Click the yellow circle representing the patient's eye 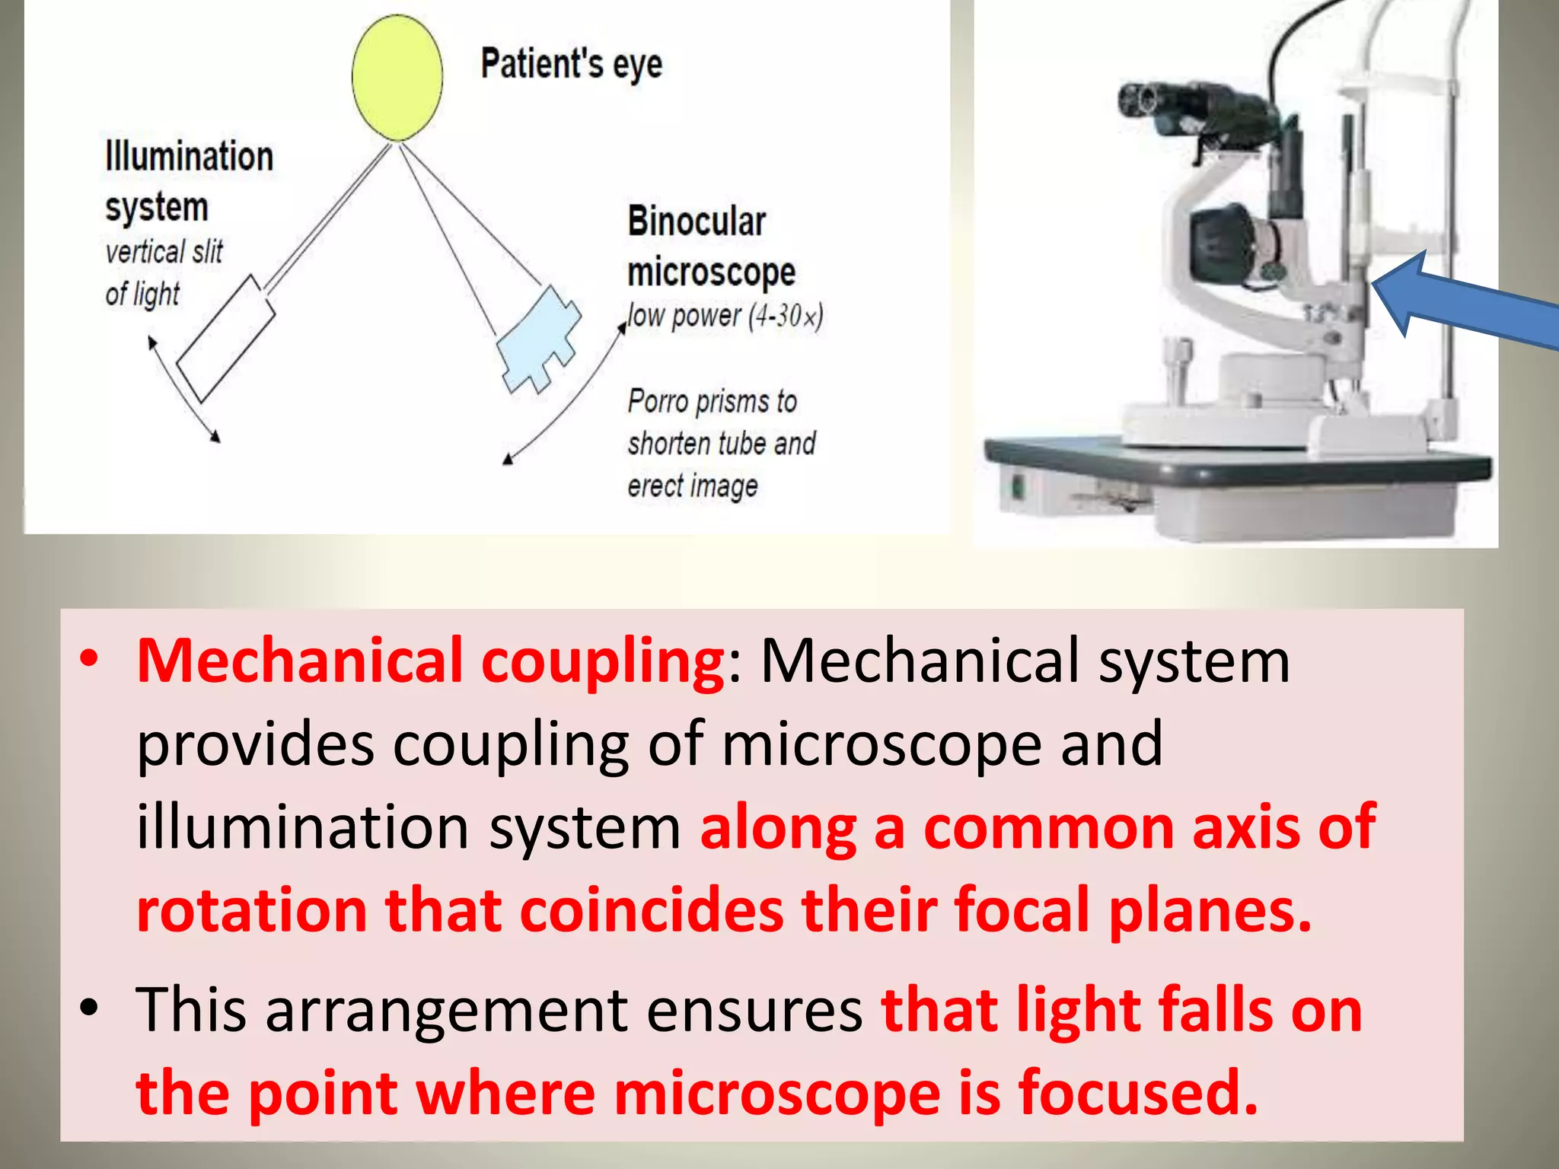(x=397, y=76)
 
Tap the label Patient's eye (x=571, y=64)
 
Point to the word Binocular (x=697, y=222)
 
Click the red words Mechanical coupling (x=430, y=661)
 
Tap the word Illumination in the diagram (x=189, y=157)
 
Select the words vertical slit (x=164, y=252)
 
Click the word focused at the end (x=1137, y=1093)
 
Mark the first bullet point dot (x=90, y=659)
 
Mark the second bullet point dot (x=90, y=1008)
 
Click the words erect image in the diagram (x=692, y=486)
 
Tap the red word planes (x=1210, y=910)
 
